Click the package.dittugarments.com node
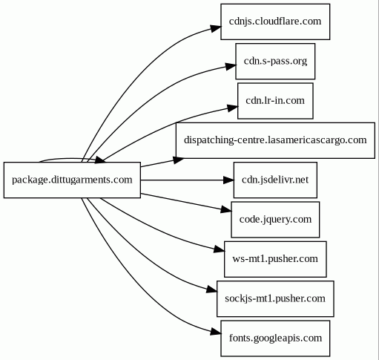pyautogui.click(x=72, y=180)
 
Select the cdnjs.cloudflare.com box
pyautogui.click(x=275, y=22)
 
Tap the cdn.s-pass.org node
pyautogui.click(x=275, y=61)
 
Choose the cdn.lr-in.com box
pyautogui.click(x=275, y=101)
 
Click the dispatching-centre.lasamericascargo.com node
pyautogui.click(x=275, y=140)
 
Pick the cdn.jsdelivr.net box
pyautogui.click(x=275, y=180)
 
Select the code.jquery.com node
pyautogui.click(x=275, y=220)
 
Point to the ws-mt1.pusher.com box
pyautogui.click(x=275, y=259)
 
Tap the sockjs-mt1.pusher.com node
pyautogui.click(x=275, y=298)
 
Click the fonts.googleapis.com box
pyautogui.click(x=275, y=338)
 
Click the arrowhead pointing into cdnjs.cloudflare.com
pyautogui.click(x=216, y=28)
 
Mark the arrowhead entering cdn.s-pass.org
pyautogui.click(x=231, y=66)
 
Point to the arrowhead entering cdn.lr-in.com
pyautogui.click(x=233, y=108)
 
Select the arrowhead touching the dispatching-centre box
pyautogui.click(x=179, y=160)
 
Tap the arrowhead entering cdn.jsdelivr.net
pyautogui.click(x=228, y=180)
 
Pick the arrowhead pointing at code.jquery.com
pyautogui.click(x=226, y=210)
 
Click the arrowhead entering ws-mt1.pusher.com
pyautogui.click(x=220, y=249)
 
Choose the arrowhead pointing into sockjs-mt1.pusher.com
pyautogui.click(x=212, y=289)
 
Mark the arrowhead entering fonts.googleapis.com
pyautogui.click(x=216, y=332)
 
